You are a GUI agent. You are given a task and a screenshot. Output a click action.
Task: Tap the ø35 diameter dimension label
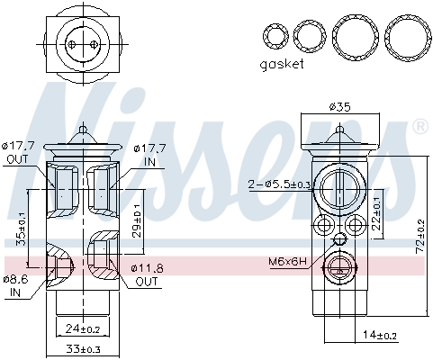click(339, 106)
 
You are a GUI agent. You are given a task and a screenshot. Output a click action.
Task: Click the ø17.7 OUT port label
click(19, 153)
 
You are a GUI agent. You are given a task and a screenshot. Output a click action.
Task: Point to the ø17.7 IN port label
click(149, 153)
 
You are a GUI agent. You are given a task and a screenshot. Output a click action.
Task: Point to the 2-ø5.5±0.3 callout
click(279, 184)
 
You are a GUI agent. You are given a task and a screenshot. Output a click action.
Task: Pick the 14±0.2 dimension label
click(381, 335)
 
